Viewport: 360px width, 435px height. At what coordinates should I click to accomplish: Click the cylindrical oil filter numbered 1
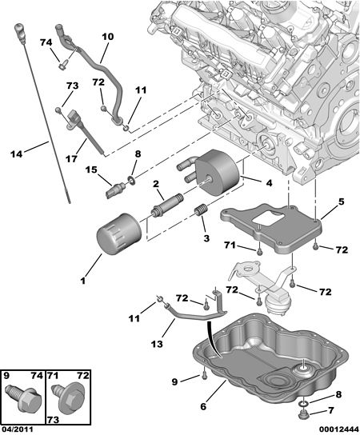[x=118, y=234]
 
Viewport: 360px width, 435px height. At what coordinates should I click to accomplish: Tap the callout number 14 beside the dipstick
[x=16, y=154]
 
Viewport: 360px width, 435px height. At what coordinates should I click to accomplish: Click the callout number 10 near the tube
[x=108, y=37]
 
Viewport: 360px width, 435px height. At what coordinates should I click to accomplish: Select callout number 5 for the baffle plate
[x=341, y=202]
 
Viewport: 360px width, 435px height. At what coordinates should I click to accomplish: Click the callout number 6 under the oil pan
[x=203, y=407]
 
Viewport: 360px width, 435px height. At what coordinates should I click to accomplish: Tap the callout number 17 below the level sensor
[x=71, y=159]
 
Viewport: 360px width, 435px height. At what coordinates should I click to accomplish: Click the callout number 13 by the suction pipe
[x=157, y=345]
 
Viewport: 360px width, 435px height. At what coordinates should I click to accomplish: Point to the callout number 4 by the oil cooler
[x=269, y=183]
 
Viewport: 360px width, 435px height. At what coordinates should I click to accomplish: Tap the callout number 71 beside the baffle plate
[x=230, y=245]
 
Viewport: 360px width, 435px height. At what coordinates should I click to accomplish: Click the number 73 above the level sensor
[x=72, y=86]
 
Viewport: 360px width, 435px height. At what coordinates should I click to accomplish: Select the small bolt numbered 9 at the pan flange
[x=205, y=373]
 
